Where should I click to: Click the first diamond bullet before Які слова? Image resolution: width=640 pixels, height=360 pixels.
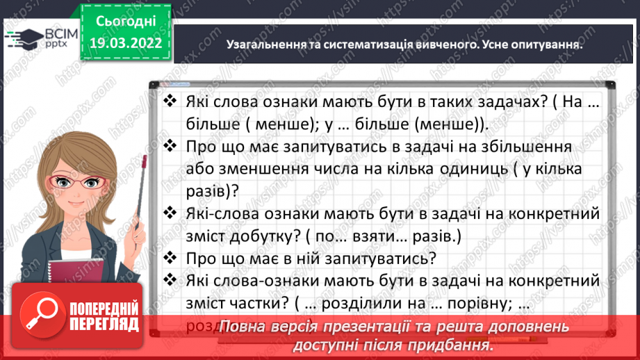[x=169, y=101]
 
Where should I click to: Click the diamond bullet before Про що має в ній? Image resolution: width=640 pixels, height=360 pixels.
[x=169, y=258]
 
